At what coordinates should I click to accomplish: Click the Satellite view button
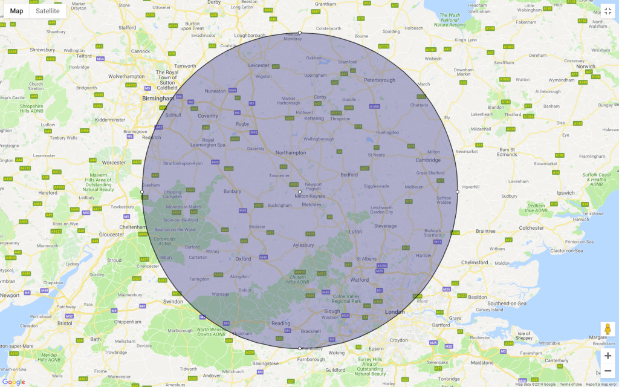[x=48, y=11]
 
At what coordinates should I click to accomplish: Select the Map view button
[x=17, y=11]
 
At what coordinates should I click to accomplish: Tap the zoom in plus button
[x=608, y=356]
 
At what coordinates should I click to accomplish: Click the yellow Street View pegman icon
[x=608, y=330]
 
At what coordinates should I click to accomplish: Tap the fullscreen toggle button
[x=608, y=11]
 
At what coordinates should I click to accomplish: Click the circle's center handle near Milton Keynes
[x=300, y=192]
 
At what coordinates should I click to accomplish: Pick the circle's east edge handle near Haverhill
[x=457, y=192]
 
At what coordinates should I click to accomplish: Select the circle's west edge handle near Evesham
[x=142, y=192]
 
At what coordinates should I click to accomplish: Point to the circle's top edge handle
[x=300, y=33]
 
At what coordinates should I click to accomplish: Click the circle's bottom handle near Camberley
[x=300, y=348]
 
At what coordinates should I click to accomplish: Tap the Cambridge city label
[x=428, y=160]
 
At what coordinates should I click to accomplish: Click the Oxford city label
[x=243, y=259]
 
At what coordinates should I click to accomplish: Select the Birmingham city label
[x=157, y=97]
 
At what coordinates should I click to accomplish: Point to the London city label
[x=395, y=312]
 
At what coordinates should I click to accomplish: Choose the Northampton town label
[x=291, y=152]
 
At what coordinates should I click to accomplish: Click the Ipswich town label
[x=566, y=193]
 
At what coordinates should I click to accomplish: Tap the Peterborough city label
[x=380, y=80]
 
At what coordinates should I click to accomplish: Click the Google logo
[x=14, y=382]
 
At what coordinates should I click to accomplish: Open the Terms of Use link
[x=571, y=384]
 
